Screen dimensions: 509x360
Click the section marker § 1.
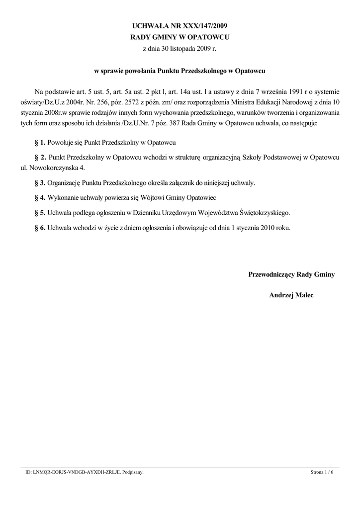coord(40,143)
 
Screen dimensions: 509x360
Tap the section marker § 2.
coord(40,158)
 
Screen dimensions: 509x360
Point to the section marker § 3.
coord(40,183)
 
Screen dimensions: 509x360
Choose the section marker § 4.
coord(40,198)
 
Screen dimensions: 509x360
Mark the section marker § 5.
coord(40,213)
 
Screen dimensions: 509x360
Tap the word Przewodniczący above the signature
coord(271,274)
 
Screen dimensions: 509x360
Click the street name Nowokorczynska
coord(56,168)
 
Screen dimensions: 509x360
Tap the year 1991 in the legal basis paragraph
coord(261,92)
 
